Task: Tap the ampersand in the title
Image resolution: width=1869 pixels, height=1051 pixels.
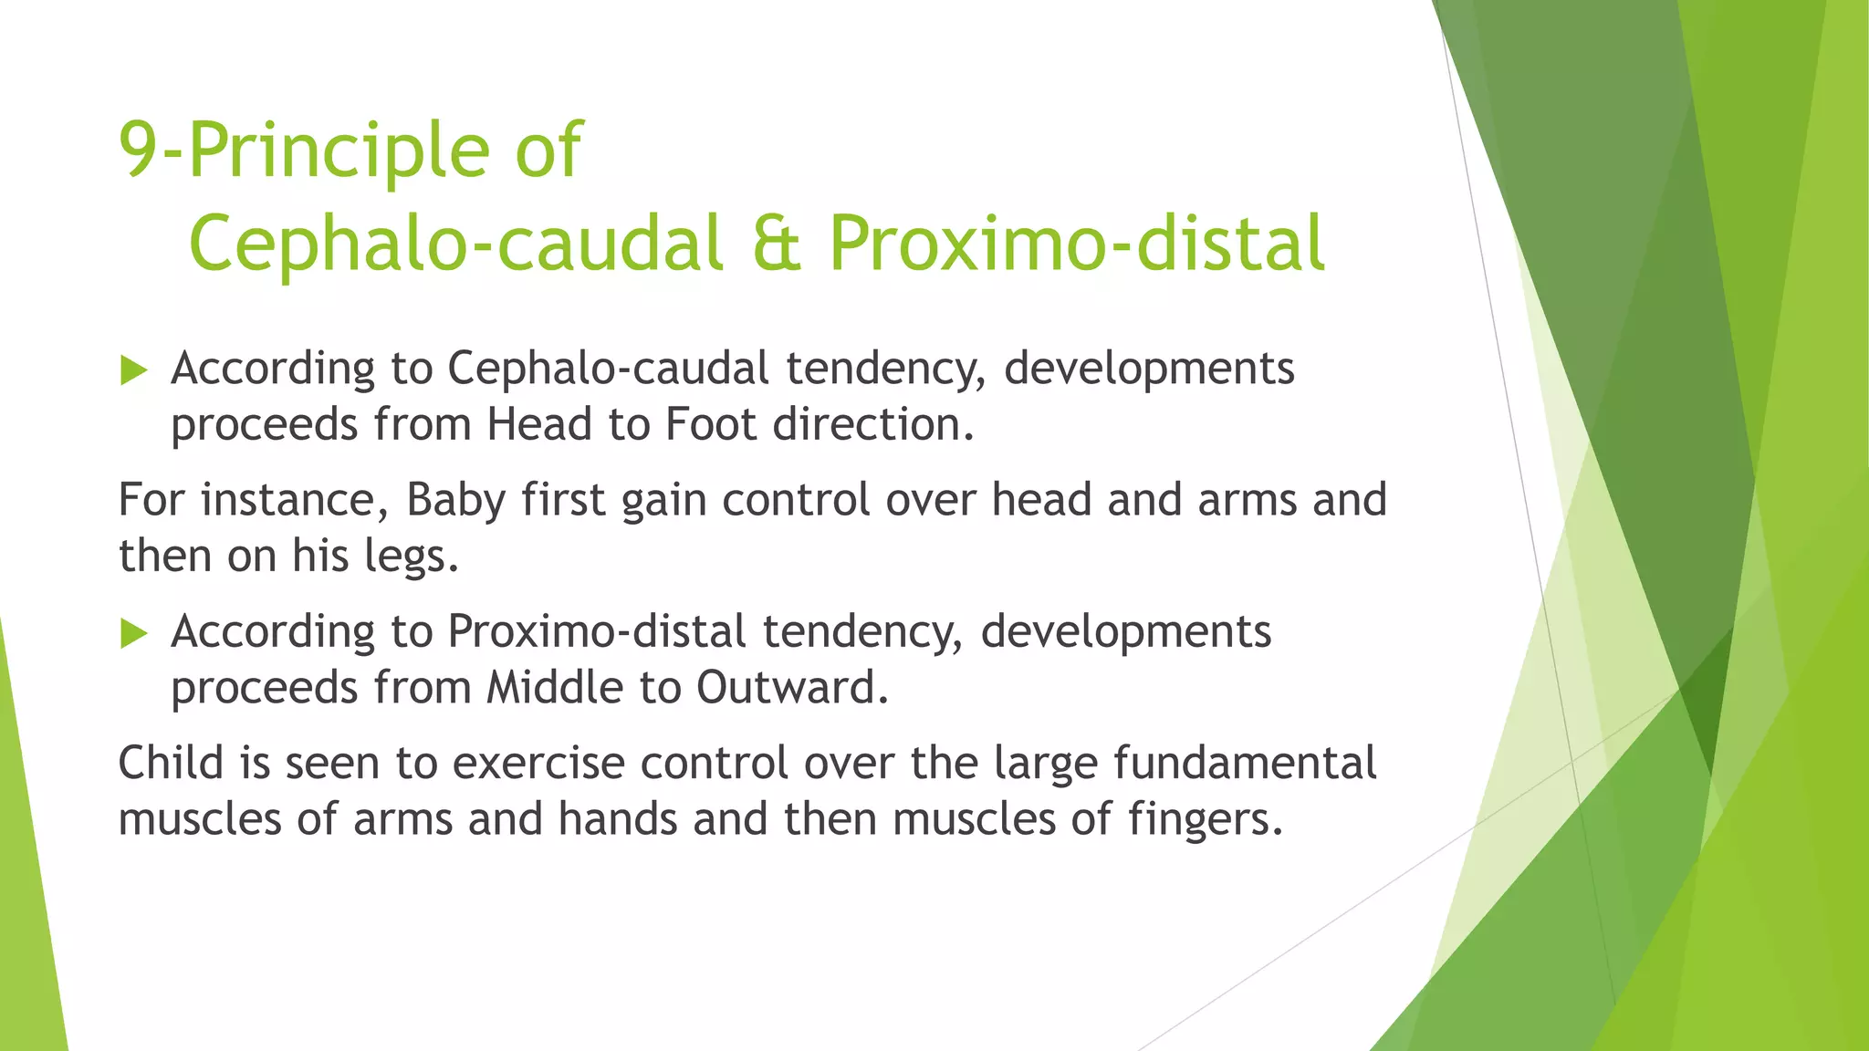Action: click(777, 243)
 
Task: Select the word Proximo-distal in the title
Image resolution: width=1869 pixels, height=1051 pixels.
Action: click(1076, 243)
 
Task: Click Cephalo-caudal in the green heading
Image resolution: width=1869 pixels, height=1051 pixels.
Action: click(455, 243)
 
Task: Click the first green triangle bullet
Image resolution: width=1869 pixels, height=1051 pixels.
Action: click(133, 370)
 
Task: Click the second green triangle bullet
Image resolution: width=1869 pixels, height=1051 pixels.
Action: click(133, 633)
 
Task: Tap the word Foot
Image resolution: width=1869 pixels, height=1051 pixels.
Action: click(711, 424)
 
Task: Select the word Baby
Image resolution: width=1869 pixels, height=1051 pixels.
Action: click(454, 501)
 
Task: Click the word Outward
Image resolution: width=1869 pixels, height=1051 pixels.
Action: click(791, 688)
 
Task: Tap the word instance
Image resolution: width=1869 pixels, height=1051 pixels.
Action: click(297, 501)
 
